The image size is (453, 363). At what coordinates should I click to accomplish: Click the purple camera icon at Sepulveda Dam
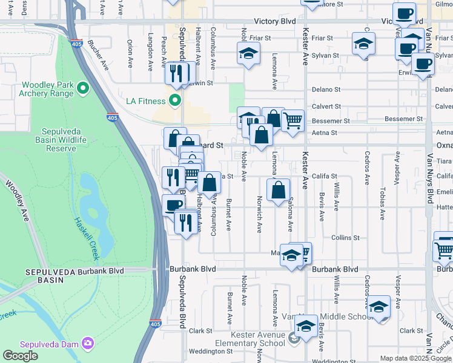[x=88, y=344]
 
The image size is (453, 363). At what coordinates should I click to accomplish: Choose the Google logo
[x=21, y=356]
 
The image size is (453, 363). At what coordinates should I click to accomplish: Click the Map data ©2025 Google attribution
[x=415, y=358]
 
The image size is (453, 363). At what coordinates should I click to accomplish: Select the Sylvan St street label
[x=328, y=55]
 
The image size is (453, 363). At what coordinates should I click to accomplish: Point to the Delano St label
[x=323, y=90]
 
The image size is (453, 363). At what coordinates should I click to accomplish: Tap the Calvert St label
[x=326, y=106]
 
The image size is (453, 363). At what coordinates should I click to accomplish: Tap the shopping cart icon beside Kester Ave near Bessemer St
[x=293, y=120]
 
